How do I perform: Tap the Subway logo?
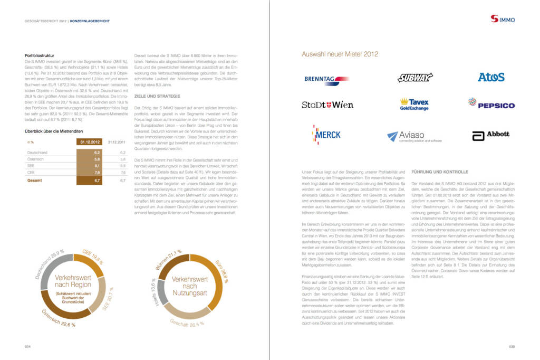[415, 78]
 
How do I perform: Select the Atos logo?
[491, 77]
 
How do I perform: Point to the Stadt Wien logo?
[327, 105]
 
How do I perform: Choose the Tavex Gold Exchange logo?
[414, 105]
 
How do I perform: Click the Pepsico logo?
[491, 103]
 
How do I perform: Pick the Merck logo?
[326, 135]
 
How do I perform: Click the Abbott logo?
[491, 136]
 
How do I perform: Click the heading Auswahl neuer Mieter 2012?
[340, 54]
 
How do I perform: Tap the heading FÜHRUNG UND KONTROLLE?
[439, 172]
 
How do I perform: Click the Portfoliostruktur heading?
[40, 55]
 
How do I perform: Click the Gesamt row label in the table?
[34, 180]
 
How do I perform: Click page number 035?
[511, 347]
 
